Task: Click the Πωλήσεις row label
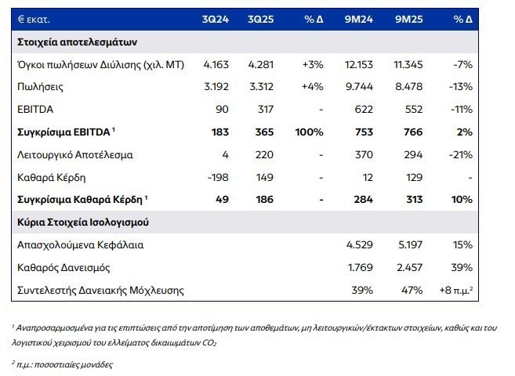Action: click(x=38, y=86)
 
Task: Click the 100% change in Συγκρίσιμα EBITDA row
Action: click(x=309, y=132)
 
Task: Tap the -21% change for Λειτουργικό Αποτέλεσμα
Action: click(x=461, y=154)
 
